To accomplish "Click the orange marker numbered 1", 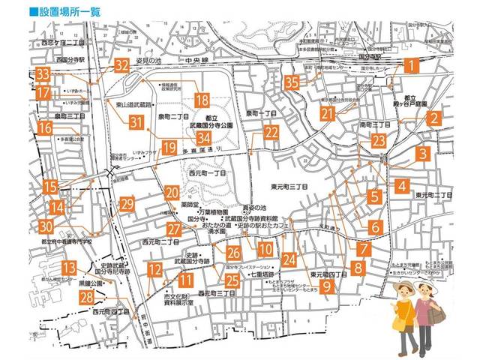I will click(410, 65).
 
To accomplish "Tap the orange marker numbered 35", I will click(292, 82).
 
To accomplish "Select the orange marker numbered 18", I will click(201, 99).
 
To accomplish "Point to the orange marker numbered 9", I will click(327, 286).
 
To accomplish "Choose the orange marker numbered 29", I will click(127, 204).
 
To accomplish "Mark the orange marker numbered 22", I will click(271, 132).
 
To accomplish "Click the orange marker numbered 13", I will click(69, 268).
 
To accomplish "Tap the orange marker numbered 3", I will click(423, 154).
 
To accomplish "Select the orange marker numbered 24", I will click(289, 259).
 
